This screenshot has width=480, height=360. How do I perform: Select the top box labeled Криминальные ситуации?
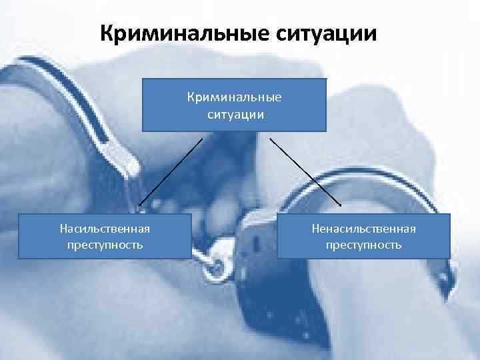(234, 105)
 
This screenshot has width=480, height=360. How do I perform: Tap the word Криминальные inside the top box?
(234, 97)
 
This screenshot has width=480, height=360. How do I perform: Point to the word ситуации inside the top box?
(234, 114)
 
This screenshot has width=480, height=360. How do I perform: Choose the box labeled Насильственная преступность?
(105, 236)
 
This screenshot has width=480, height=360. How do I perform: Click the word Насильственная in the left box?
(105, 229)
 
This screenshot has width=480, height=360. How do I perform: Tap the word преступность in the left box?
(105, 245)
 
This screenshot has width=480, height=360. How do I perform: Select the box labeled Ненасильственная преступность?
(363, 236)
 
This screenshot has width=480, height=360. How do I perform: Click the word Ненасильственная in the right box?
(363, 229)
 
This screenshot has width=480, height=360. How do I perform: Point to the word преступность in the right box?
(363, 245)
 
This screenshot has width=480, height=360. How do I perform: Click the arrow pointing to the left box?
(170, 171)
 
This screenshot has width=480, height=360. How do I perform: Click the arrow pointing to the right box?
(304, 171)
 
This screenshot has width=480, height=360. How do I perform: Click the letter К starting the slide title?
(108, 32)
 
